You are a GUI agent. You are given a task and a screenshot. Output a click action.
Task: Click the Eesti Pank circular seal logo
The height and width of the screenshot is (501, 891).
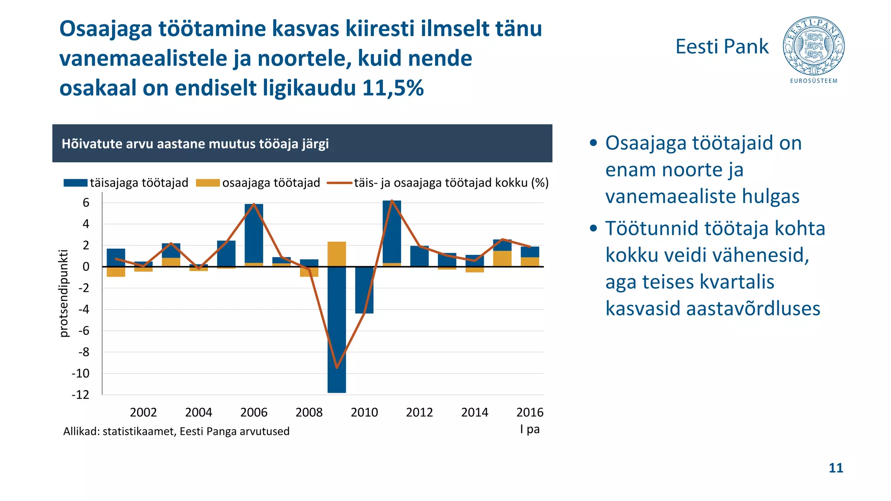coord(814,46)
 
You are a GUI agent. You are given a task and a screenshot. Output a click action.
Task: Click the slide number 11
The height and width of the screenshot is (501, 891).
coord(836,468)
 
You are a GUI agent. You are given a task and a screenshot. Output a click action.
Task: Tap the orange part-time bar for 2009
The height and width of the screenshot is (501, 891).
coord(337,254)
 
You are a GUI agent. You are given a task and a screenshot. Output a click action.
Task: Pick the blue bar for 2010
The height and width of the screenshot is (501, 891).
coord(364,290)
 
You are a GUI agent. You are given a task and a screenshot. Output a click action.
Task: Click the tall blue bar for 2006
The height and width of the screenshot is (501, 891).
coord(254,233)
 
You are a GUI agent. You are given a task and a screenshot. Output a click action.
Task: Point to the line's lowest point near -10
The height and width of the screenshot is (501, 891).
coord(337,367)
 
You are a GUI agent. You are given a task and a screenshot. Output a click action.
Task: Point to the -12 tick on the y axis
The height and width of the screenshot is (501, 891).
coord(80,395)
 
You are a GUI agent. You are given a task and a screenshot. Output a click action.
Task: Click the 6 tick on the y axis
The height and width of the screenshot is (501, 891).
coord(86,203)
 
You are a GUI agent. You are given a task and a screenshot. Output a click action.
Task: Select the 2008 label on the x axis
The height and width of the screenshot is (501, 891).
coord(309,412)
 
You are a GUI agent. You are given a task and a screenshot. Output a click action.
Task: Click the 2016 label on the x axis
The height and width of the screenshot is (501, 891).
coord(529,412)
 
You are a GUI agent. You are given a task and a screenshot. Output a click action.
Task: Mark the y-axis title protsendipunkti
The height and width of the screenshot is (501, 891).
coord(64,293)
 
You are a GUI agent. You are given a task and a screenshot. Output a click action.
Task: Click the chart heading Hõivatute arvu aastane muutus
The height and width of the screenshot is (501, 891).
coord(195,144)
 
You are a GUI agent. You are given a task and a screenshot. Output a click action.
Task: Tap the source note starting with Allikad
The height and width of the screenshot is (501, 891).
coord(176,431)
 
